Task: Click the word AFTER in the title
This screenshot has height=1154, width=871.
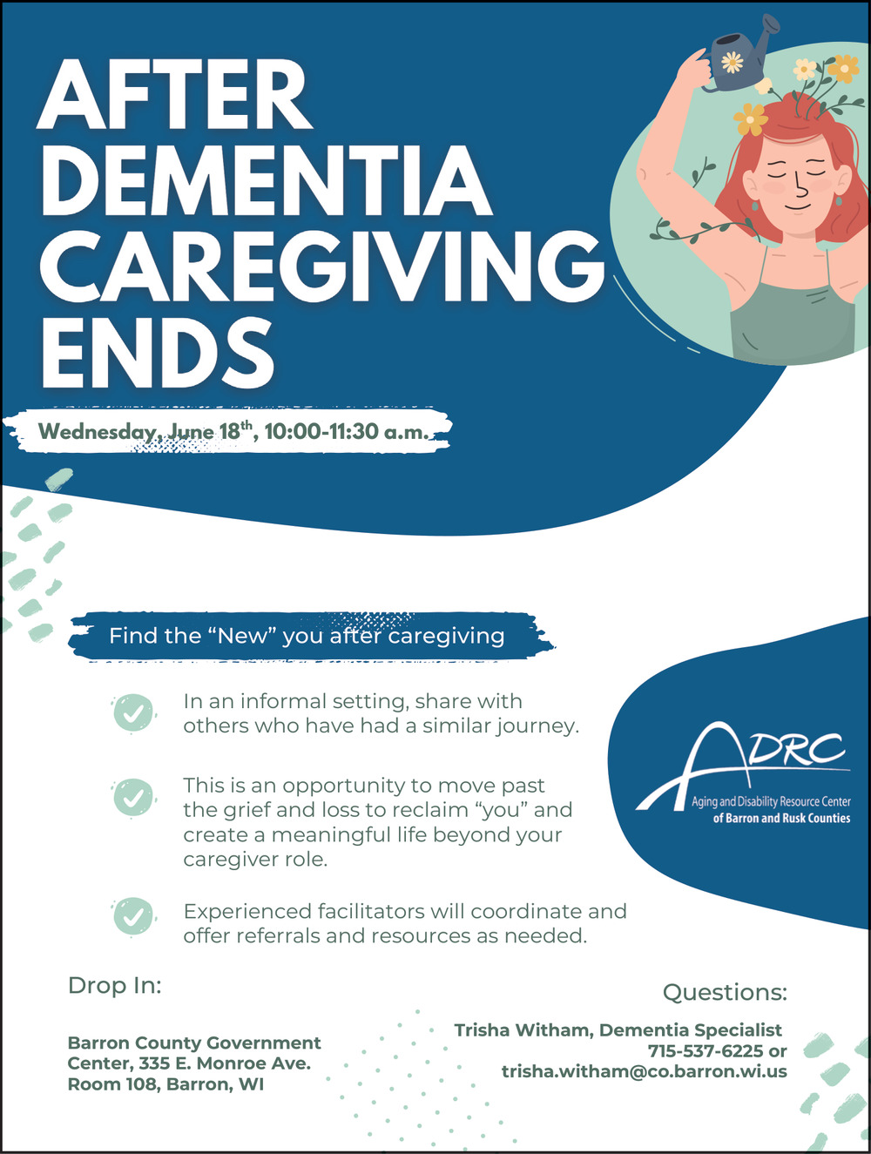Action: click(176, 95)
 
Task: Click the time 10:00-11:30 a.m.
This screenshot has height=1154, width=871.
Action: click(347, 432)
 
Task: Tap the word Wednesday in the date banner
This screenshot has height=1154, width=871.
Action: click(98, 432)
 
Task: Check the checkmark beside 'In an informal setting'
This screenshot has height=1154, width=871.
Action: click(133, 713)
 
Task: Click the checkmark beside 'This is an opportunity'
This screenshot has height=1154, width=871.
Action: click(133, 797)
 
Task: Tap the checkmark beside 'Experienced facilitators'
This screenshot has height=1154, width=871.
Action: click(133, 916)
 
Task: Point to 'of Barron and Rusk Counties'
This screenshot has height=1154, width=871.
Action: click(781, 818)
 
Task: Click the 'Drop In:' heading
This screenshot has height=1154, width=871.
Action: click(115, 986)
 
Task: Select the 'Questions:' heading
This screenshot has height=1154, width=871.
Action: click(725, 993)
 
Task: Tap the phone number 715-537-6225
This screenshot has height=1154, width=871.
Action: click(706, 1051)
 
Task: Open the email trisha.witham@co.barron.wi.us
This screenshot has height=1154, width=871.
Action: click(645, 1071)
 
